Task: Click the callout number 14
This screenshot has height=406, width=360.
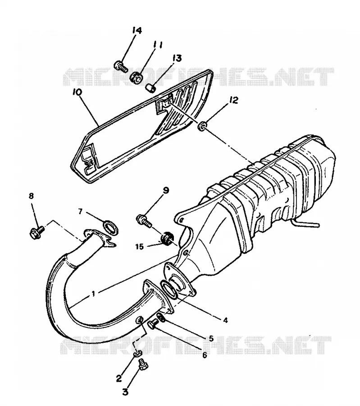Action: [137, 30]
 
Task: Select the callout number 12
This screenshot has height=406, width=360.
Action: [233, 100]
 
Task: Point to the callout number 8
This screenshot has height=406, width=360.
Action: [31, 196]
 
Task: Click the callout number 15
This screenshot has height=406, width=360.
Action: [139, 246]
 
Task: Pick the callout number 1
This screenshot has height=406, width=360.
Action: [93, 293]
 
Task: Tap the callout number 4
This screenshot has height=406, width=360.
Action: [225, 320]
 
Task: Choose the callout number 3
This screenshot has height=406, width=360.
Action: [125, 392]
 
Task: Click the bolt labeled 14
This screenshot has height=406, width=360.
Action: [121, 66]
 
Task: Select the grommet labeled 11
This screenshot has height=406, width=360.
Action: [136, 77]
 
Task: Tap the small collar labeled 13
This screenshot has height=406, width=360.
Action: [150, 88]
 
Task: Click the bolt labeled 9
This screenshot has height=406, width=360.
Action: [144, 221]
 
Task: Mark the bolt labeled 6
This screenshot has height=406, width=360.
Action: [153, 323]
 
